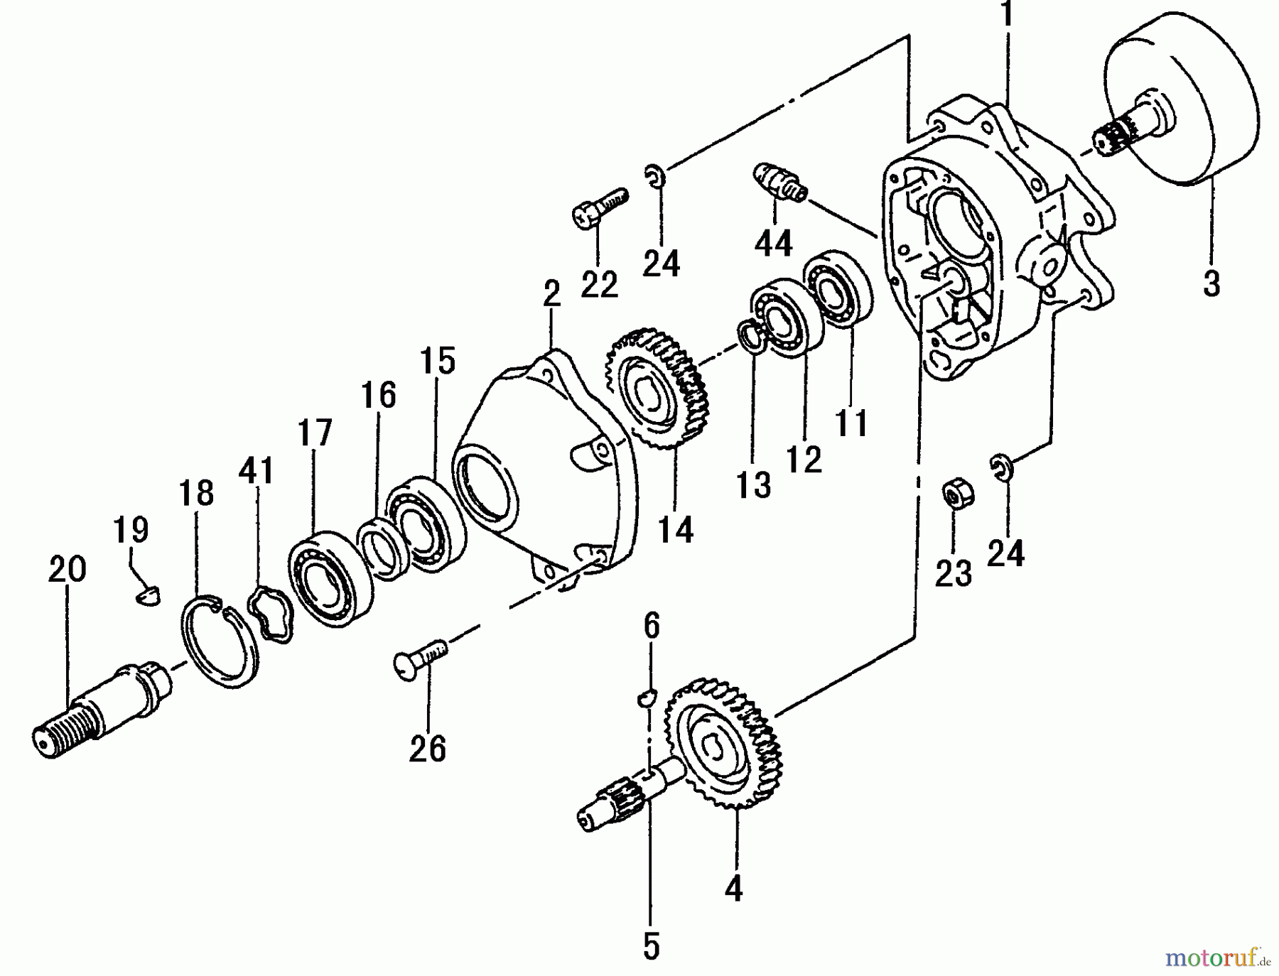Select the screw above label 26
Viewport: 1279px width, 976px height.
tap(419, 657)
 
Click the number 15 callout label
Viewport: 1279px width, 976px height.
tap(437, 360)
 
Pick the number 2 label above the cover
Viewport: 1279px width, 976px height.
tap(551, 293)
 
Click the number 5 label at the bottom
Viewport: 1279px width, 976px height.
tap(651, 945)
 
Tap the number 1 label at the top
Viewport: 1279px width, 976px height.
tap(1007, 14)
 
